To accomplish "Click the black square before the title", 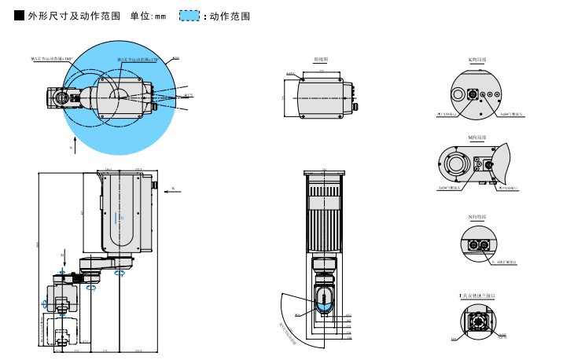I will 20,16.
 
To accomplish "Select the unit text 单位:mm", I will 148,16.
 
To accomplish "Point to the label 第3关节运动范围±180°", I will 51,59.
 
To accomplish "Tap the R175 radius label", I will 189,95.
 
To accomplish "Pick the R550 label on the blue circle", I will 175,58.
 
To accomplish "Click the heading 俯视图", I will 321,59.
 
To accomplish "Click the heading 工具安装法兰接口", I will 477,295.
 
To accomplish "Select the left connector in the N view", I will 473,244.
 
